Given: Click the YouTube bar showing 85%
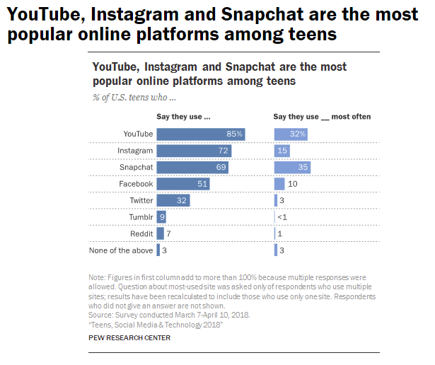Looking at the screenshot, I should click(201, 134).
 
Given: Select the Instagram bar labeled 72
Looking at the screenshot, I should click(194, 151).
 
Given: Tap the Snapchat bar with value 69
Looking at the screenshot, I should click(192, 167).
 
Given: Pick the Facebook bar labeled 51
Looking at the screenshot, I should click(182, 184).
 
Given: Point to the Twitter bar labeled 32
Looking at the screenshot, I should click(173, 200).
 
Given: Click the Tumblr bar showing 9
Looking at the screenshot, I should click(161, 216).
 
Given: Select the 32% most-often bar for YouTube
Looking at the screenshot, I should click(291, 134).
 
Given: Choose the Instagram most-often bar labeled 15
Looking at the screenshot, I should click(282, 151).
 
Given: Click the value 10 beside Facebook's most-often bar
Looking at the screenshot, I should click(293, 184).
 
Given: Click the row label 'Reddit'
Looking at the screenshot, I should click(141, 233).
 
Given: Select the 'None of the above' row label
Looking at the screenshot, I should click(121, 250).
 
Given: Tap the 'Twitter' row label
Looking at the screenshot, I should click(141, 200).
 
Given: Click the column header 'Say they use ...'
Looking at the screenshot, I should click(184, 116).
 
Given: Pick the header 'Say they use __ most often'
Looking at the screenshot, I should click(322, 116).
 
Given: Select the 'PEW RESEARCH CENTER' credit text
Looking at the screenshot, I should click(129, 338).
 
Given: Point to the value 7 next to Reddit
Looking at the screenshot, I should click(170, 233).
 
